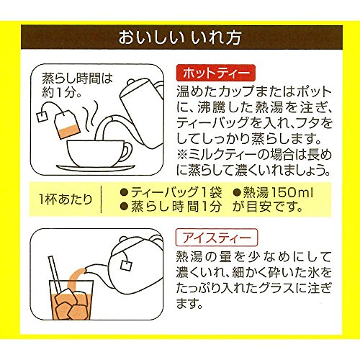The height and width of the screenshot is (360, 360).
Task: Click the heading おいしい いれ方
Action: point(180,37)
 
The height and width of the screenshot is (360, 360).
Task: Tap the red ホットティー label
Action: point(215,73)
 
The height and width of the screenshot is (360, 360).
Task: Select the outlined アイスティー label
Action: point(217,238)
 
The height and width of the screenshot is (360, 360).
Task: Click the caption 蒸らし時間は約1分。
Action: point(77,85)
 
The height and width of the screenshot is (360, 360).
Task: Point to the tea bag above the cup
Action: point(67,125)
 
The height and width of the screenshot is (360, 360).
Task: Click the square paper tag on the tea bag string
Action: point(42,117)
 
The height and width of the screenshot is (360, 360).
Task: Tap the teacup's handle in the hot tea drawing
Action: point(127,151)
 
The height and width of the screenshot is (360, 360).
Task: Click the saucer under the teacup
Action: point(96,168)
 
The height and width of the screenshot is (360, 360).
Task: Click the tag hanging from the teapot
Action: point(126,265)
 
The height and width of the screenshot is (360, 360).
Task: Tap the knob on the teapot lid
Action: point(123,240)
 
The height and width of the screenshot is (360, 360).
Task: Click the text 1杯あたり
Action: point(66,199)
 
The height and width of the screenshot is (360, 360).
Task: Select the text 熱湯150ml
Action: point(273,192)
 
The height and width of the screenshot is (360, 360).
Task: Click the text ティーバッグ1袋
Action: point(171,192)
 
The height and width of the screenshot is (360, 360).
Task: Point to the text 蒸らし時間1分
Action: point(171,207)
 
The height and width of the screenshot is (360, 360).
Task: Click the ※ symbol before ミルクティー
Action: point(181,155)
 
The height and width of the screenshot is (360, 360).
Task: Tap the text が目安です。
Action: point(268,207)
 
